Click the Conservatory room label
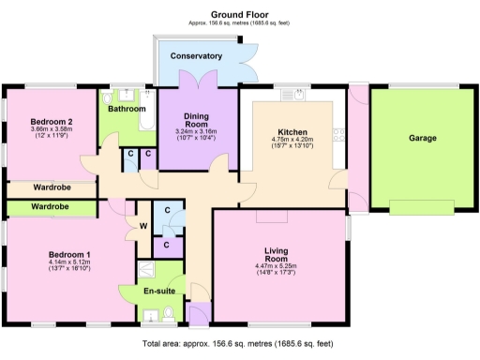(x=196, y=56)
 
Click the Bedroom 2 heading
(x=51, y=122)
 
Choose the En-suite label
(x=159, y=292)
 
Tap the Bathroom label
(x=126, y=109)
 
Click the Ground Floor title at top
(x=239, y=14)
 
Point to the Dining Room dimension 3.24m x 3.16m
(x=196, y=131)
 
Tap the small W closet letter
(x=143, y=225)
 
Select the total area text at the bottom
(x=239, y=345)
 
